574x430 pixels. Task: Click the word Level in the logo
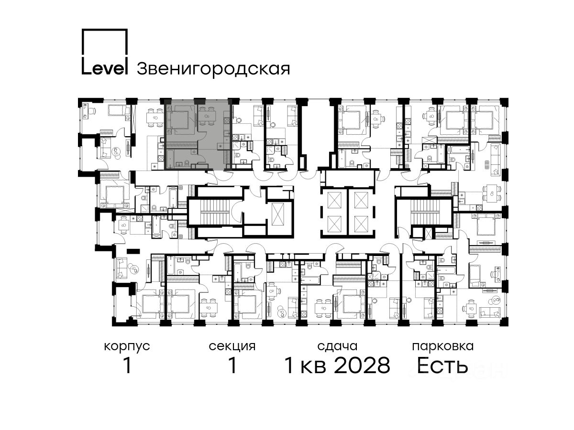[104, 69]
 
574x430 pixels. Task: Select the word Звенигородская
[213, 70]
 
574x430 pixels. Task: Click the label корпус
[127, 347]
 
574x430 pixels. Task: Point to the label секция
[232, 346]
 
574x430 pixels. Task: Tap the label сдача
[337, 346]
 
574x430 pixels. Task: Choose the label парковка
[443, 346]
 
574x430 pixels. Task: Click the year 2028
[362, 366]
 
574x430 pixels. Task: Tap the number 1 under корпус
[127, 366]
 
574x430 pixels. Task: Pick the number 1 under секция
[232, 366]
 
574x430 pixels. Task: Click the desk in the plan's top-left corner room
[86, 111]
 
